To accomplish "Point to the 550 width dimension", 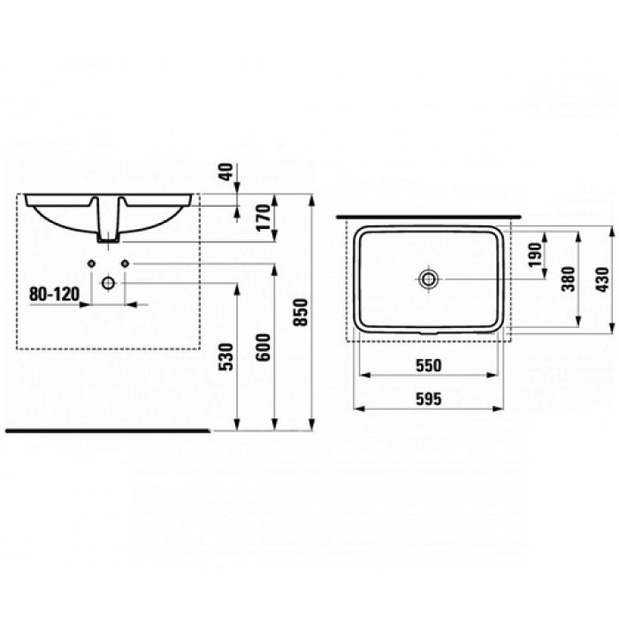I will tap(428, 364).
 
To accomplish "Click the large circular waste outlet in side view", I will tap(108, 283).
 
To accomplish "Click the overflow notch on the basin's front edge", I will tap(429, 333).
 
